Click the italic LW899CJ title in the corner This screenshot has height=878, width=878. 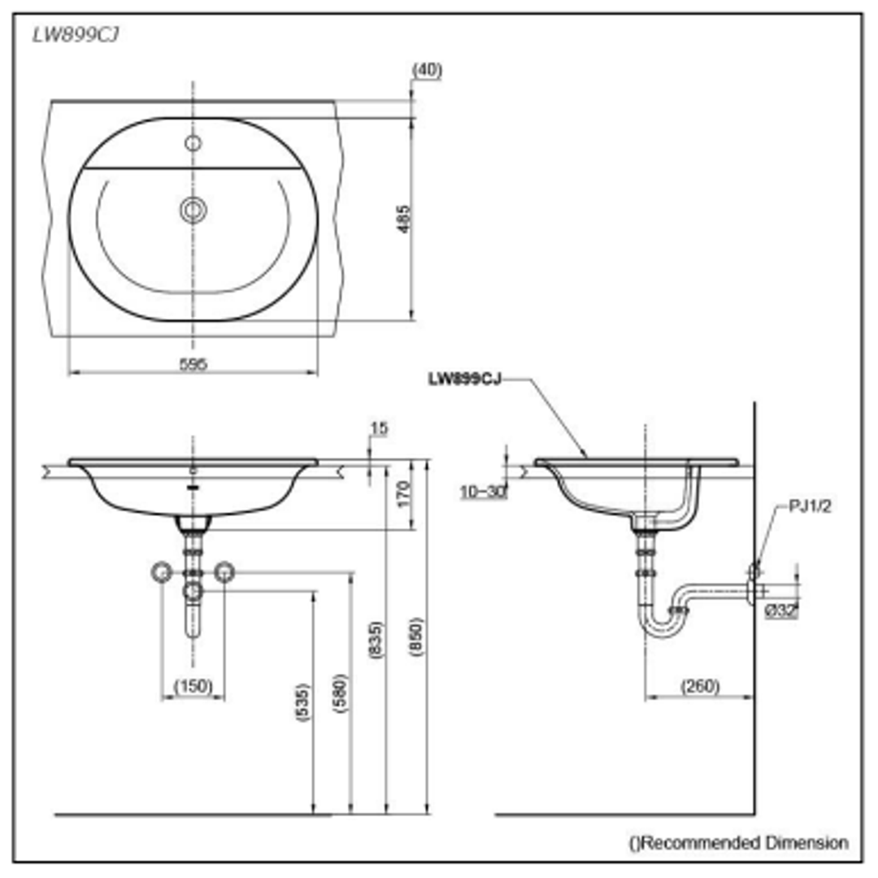click(x=76, y=35)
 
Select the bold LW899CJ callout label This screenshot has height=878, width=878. click(x=464, y=378)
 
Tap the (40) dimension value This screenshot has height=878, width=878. click(x=427, y=70)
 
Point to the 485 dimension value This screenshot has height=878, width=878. click(x=404, y=218)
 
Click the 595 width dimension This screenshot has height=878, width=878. click(x=193, y=364)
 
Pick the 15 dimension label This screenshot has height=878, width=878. click(x=378, y=428)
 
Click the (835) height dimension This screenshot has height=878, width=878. click(x=376, y=640)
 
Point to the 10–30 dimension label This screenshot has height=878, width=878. click(x=482, y=491)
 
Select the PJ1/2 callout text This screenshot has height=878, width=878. click(x=810, y=506)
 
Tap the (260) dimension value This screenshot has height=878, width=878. click(x=700, y=687)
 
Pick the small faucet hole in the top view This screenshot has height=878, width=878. click(x=193, y=144)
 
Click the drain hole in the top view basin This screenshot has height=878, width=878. click(x=193, y=210)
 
